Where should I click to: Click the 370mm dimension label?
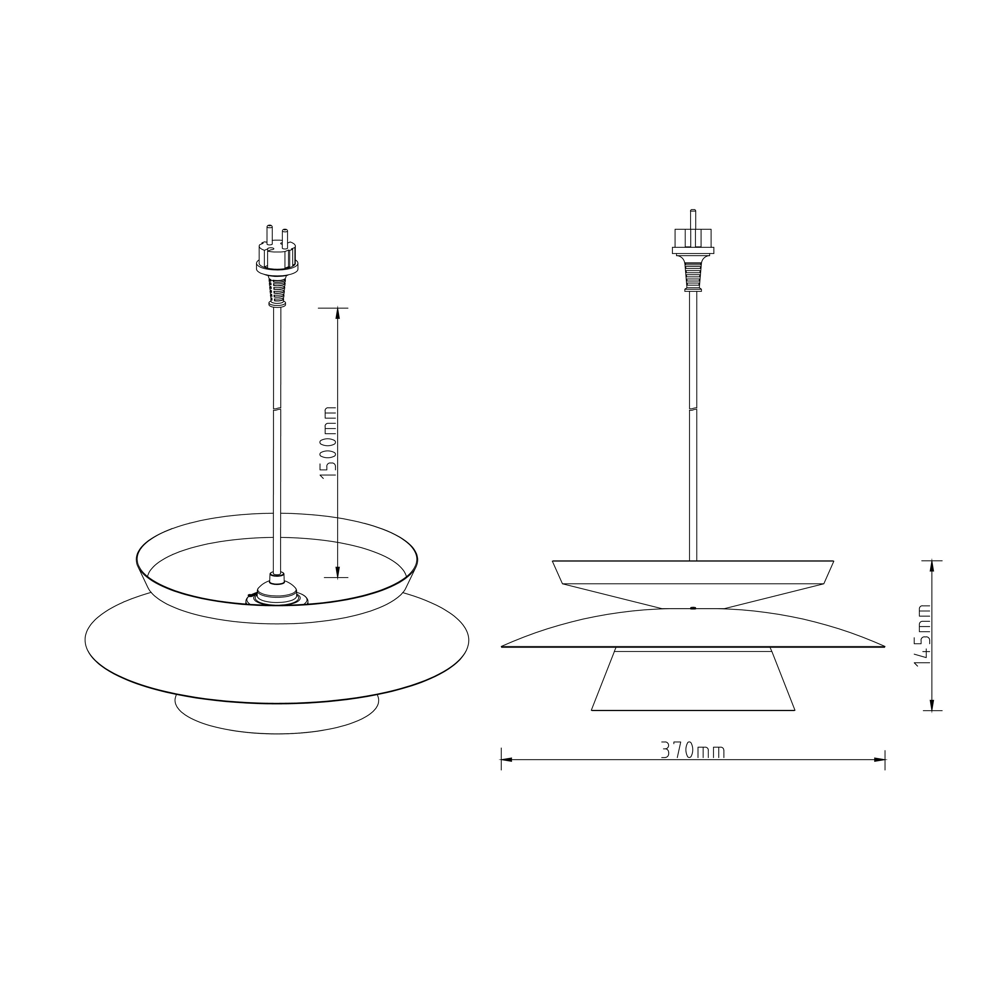(692, 750)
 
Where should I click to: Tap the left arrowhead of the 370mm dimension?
(506, 760)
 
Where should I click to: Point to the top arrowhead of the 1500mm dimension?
(337, 313)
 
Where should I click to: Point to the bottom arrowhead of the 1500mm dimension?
(337, 572)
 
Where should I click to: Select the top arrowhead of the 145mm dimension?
(932, 566)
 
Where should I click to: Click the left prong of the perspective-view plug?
(269, 235)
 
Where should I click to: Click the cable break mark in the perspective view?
(277, 410)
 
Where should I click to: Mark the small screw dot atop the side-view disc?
(693, 608)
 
